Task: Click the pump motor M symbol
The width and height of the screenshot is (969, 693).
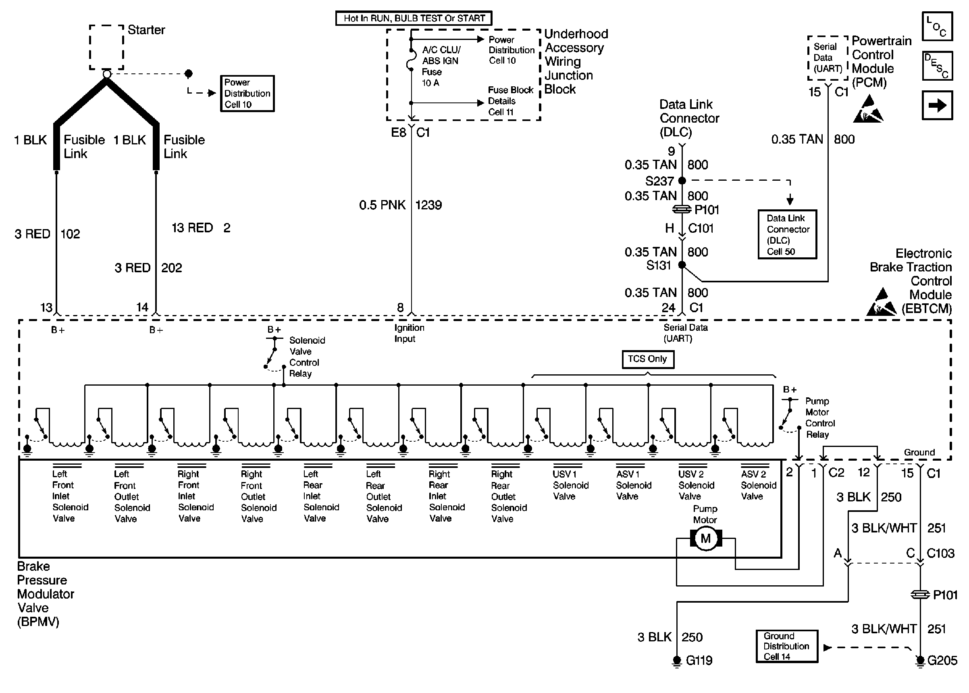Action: coord(705,539)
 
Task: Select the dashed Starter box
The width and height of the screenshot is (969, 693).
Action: coord(106,47)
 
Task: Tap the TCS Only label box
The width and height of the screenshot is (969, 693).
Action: coord(648,359)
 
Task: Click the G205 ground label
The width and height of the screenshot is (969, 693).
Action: coord(942,661)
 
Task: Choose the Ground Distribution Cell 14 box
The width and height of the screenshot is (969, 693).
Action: coord(786,646)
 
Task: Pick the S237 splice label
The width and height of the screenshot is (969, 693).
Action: coord(659,182)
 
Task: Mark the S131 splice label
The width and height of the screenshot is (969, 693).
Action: coord(659,265)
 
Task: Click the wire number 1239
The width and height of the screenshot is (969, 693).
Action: coord(428,205)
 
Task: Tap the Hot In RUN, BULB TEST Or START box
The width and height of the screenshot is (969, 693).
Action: coord(414,18)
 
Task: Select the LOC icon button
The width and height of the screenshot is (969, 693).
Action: coord(937,27)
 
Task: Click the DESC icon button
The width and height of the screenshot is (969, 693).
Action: coord(937,66)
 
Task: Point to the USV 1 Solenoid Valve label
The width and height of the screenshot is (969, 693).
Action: coord(570,485)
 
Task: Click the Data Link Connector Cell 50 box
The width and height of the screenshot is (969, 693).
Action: coord(787,234)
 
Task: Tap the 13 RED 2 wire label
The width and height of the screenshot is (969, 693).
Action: coord(201,228)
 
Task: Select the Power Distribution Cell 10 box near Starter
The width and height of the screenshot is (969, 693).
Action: coord(247,94)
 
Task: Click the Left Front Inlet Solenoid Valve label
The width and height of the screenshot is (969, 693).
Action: coord(70,496)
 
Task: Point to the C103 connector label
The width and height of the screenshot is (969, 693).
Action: coord(940,553)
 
